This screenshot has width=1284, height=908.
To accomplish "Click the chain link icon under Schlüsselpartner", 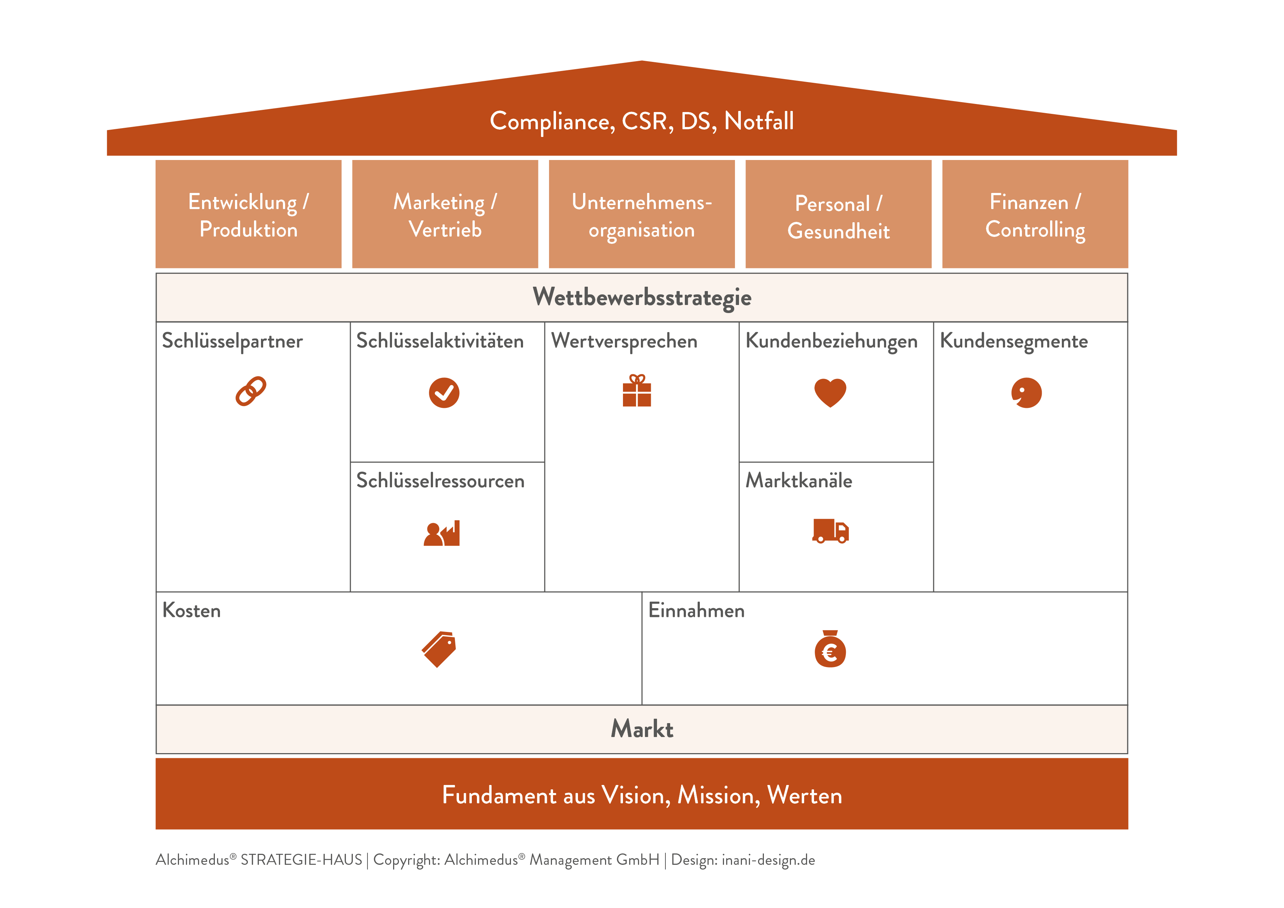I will coord(250,391).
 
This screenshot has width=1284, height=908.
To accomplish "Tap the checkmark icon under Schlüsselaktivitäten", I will coord(444,393).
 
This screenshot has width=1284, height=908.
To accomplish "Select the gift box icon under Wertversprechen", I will coord(637,391).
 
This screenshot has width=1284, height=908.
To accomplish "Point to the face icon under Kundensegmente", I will coord(1026,393).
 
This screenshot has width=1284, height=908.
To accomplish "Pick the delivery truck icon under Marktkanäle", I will coord(831,531).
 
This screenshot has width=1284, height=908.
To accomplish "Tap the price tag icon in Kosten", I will coord(439,650).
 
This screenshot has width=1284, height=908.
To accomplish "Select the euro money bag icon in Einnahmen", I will coord(830,650).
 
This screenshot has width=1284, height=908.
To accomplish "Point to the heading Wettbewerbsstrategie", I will coord(642,297).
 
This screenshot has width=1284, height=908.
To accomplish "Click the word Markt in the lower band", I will coord(642,729).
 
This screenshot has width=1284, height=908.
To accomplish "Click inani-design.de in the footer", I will coord(768,860).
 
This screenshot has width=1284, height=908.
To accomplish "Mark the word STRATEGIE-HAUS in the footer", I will coord(302,860).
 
